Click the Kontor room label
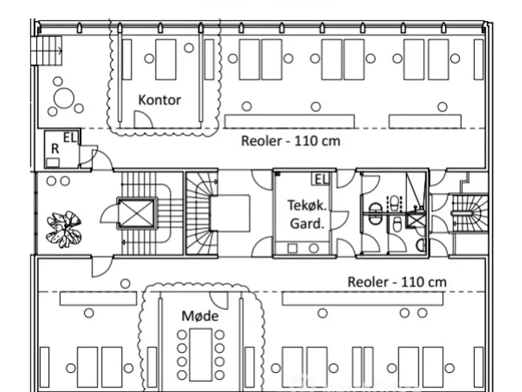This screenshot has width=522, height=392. tap(159, 100)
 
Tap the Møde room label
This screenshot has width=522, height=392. tap(200, 316)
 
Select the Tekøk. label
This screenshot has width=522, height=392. tap(307, 205)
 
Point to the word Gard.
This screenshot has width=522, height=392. tap(307, 224)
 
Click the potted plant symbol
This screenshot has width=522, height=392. tap(64, 229)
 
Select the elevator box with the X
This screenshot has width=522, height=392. tap(136, 213)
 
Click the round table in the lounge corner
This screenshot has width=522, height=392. tap(64, 98)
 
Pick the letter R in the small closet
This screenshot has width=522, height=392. tap(55, 149)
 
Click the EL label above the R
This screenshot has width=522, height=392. tap(69, 138)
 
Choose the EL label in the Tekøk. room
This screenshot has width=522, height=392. tap(321, 179)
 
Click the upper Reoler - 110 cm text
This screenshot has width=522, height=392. tap(291, 141)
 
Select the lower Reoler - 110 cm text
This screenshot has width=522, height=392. tap(397, 282)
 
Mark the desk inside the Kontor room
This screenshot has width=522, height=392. tap(166, 60)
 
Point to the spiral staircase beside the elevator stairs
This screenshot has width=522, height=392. tap(201, 213)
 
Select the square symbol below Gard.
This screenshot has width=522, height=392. tap(292, 248)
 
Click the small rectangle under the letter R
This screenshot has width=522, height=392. tap(53, 163)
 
